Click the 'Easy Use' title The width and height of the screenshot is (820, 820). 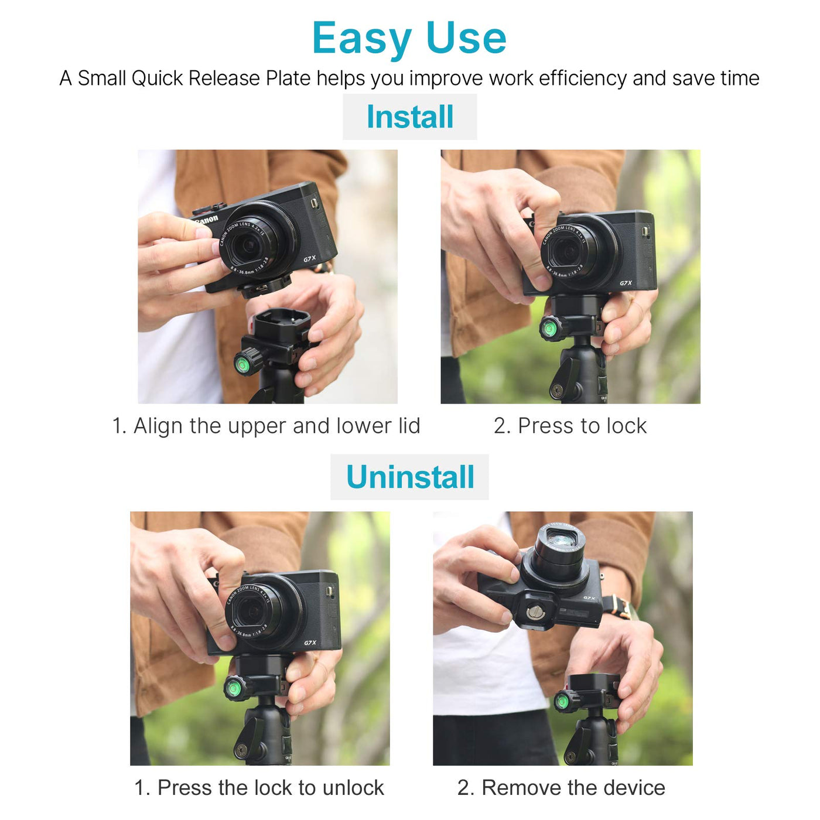pos(409,38)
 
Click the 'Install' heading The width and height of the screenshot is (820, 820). pos(410,117)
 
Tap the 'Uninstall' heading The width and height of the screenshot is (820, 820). pos(410,477)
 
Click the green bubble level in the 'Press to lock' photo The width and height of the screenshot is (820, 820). pos(548,328)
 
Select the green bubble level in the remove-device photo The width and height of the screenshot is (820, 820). pos(563,701)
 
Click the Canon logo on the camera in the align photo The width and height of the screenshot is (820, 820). pos(207,220)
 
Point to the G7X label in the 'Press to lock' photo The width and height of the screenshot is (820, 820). pos(626,283)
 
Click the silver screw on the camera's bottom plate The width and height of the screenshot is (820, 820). pos(534,612)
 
